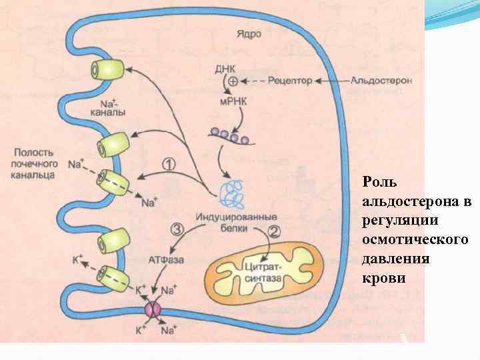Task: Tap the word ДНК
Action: [x=225, y=68]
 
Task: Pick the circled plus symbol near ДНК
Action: [x=233, y=81]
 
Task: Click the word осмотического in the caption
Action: [x=415, y=238]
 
